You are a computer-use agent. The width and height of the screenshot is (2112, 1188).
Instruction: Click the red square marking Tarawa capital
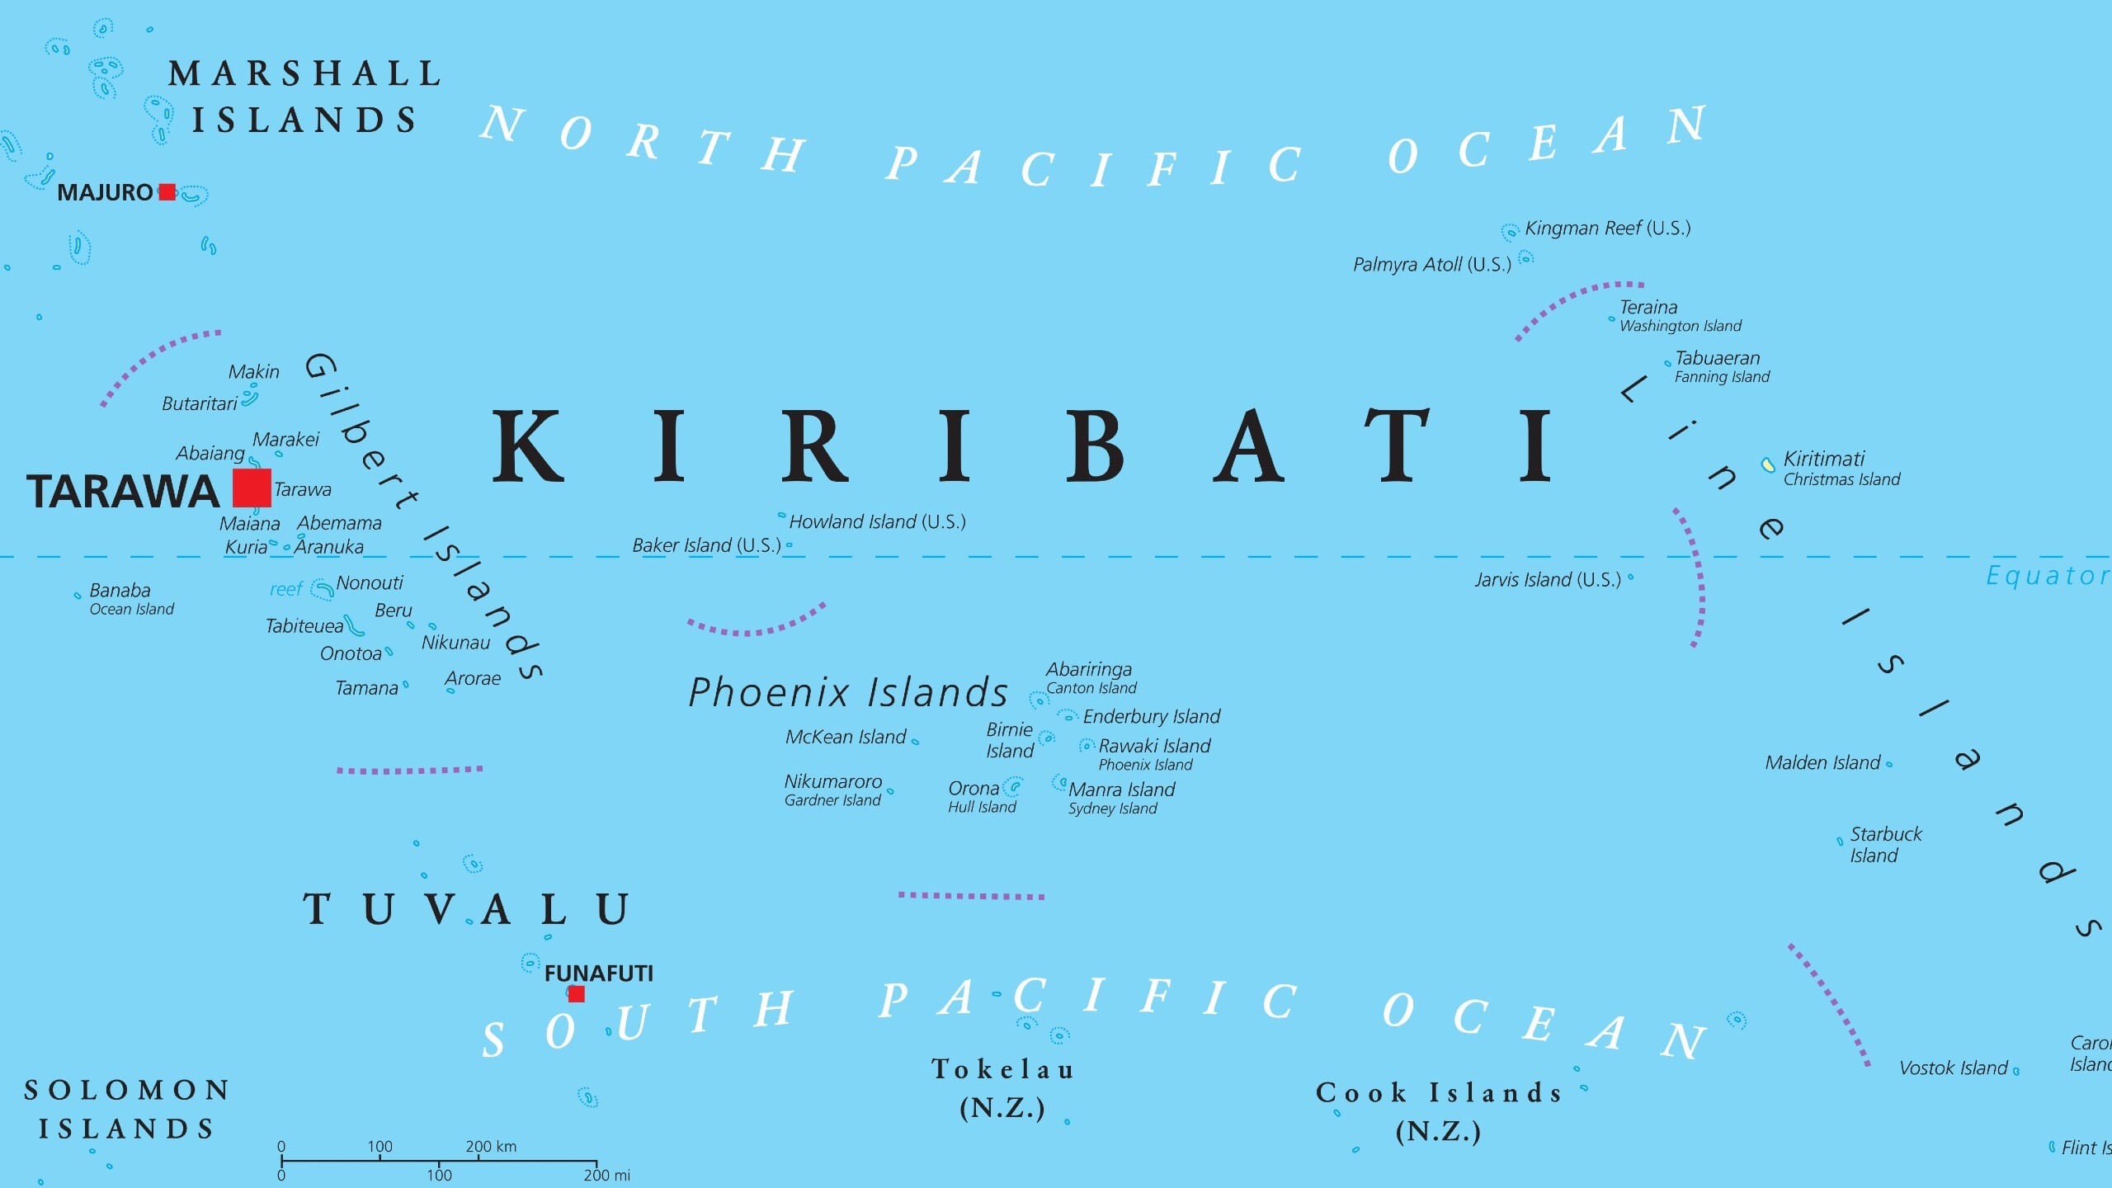(252, 488)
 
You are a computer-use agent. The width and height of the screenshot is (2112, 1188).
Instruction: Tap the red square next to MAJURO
(167, 192)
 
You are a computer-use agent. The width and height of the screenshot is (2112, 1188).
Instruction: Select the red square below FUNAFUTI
(577, 994)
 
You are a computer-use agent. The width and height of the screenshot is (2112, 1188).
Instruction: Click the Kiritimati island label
(1823, 459)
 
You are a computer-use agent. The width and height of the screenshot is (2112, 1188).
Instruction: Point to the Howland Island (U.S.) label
(877, 521)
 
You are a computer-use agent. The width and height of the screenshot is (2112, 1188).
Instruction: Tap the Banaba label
(120, 591)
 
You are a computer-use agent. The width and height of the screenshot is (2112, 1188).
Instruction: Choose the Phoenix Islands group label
(848, 692)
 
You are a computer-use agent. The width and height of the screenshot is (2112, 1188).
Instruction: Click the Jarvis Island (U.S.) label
(1548, 580)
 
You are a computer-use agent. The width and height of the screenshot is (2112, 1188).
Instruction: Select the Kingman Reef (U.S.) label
(1607, 229)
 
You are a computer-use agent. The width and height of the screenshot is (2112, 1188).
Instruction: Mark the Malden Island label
(1822, 763)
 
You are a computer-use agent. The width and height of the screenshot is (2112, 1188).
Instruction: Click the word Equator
(2047, 575)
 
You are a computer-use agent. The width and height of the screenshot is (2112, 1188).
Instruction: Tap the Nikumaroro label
(832, 781)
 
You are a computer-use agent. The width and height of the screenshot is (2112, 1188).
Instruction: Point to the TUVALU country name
(467, 909)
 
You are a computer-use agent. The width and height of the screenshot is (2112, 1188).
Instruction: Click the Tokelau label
(1002, 1070)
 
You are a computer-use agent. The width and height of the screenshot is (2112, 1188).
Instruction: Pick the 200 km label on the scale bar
(491, 1146)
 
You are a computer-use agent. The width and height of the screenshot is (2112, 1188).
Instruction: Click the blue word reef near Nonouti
(285, 589)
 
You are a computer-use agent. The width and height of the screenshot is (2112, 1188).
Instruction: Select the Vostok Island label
(1953, 1068)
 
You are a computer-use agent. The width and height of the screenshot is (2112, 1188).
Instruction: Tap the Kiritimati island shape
(1767, 465)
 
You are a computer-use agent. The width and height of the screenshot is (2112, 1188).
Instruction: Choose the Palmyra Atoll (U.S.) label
(1431, 265)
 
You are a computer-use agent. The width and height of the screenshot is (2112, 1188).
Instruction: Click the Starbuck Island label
(1885, 845)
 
